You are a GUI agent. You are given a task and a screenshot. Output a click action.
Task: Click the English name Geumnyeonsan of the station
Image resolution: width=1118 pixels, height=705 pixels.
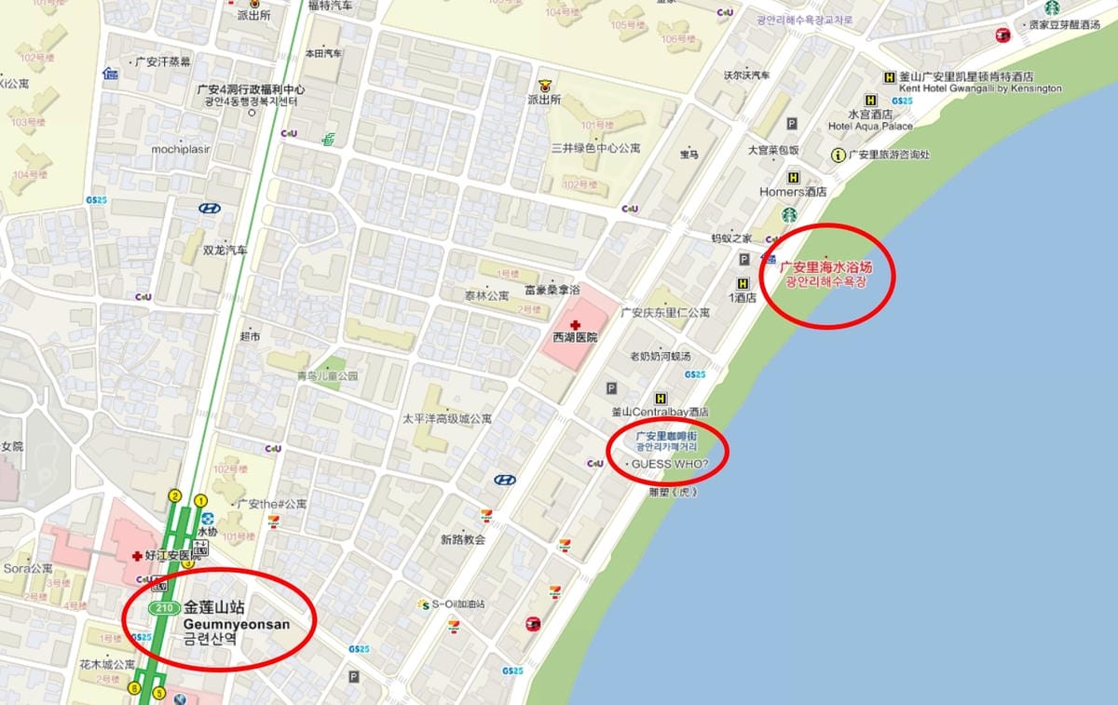(237, 624)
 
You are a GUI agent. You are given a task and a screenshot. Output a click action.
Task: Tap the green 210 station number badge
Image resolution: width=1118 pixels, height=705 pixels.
(165, 608)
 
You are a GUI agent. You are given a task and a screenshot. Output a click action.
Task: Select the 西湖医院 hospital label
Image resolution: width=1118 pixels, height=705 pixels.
(575, 338)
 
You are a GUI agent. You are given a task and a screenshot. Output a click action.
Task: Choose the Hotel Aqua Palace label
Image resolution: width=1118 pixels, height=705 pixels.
(870, 126)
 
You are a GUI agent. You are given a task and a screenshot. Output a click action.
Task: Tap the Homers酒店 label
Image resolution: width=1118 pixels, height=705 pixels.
(793, 192)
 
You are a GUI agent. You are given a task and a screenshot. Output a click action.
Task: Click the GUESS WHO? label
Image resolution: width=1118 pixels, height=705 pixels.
(670, 464)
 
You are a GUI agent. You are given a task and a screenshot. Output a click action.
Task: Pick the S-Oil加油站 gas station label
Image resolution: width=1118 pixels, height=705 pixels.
(457, 604)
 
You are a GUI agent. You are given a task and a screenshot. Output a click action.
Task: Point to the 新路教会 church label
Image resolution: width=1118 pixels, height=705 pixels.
(463, 539)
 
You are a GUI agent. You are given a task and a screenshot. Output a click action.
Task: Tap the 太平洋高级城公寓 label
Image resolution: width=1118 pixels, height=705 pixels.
(447, 419)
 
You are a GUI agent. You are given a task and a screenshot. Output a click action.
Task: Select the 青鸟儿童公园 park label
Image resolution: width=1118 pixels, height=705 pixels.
(327, 376)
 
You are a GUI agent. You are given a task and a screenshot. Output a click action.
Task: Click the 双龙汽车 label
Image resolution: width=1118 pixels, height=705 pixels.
(225, 251)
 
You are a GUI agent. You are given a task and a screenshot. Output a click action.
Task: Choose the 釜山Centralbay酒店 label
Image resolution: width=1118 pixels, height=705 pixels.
(660, 412)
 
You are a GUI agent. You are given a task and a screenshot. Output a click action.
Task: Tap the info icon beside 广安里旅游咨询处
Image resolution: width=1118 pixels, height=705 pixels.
(838, 155)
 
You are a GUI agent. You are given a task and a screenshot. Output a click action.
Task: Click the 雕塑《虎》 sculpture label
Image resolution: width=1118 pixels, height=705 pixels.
(673, 492)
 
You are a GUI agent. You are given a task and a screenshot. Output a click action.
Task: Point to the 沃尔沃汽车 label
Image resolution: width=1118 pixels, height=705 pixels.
(747, 75)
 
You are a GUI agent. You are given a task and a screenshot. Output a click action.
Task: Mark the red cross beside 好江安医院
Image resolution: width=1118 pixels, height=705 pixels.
(138, 556)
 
